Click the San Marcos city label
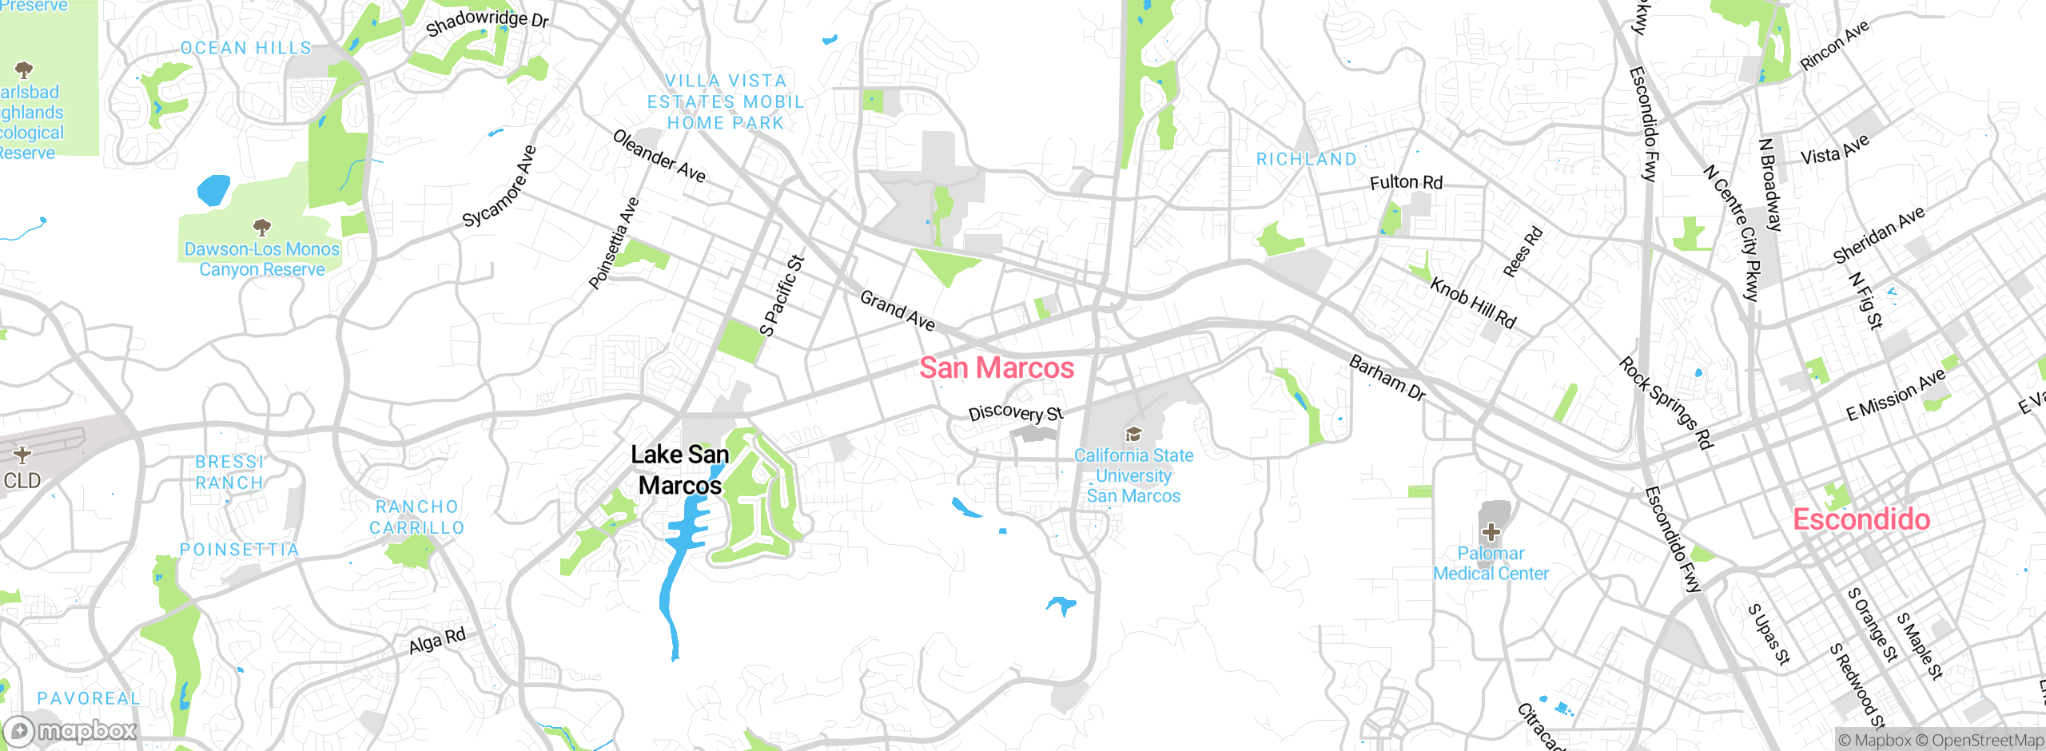coord(997,368)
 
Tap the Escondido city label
coord(1861,519)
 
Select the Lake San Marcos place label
coord(679,470)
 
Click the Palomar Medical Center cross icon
coord(1491,532)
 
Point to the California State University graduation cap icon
coord(1132,435)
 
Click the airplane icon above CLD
coord(22,455)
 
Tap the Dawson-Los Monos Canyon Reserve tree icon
coord(261,228)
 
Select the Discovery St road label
coord(1016,413)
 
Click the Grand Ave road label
coord(898,311)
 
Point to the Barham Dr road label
coord(1387,378)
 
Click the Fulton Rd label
coord(1406,183)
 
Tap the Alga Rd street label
coord(436,641)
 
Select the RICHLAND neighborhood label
coord(1306,160)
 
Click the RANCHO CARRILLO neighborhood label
coord(416,517)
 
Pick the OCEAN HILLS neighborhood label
coord(246,48)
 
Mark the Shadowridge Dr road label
coord(487,22)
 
